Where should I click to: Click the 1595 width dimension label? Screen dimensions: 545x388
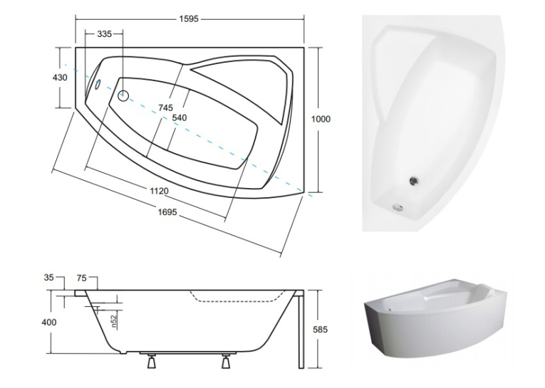(190, 19)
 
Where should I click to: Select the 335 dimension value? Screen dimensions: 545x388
(104, 34)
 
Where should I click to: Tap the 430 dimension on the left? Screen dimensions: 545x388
(60, 78)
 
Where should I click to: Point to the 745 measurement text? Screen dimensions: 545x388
(165, 108)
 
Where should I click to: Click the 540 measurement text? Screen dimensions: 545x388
(180, 118)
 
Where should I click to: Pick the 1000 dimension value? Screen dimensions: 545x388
(321, 119)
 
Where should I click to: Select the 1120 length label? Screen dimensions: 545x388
(159, 191)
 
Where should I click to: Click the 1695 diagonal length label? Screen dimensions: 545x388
(167, 212)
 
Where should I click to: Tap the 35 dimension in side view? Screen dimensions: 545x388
(49, 278)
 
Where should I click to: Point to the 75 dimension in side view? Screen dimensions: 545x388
(82, 278)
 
